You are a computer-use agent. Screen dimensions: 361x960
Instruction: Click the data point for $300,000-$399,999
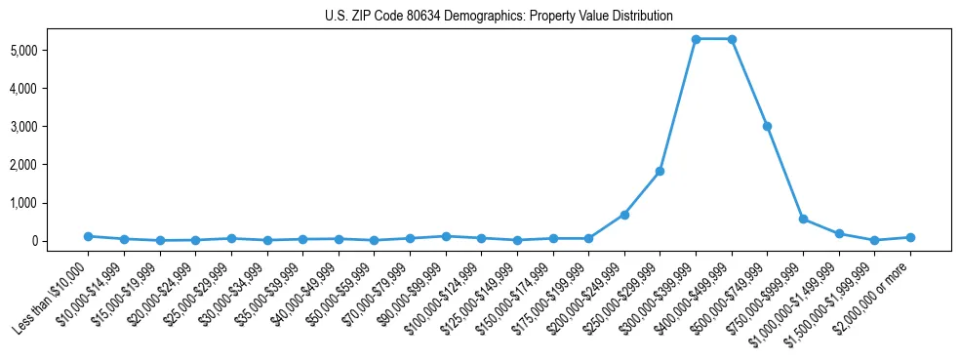click(696, 39)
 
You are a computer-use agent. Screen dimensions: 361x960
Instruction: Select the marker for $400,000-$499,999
click(732, 39)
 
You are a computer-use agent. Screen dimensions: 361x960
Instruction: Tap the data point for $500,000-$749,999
click(767, 126)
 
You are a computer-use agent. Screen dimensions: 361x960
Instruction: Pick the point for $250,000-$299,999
click(660, 171)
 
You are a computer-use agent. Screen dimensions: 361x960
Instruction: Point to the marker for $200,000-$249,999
click(624, 215)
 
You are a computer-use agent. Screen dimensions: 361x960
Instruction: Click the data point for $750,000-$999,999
click(803, 219)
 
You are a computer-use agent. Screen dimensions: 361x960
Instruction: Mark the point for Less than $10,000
click(88, 236)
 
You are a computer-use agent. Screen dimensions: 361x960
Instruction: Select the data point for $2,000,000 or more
click(910, 237)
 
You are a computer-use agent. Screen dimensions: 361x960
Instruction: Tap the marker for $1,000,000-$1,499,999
click(839, 233)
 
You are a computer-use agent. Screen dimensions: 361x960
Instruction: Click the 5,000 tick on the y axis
click(50, 50)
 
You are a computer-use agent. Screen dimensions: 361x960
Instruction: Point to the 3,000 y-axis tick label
click(50, 127)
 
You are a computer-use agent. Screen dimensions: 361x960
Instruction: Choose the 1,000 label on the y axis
click(50, 203)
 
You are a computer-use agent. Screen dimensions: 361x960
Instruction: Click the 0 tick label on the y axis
click(60, 241)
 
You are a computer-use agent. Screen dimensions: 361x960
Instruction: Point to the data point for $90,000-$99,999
click(445, 236)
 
